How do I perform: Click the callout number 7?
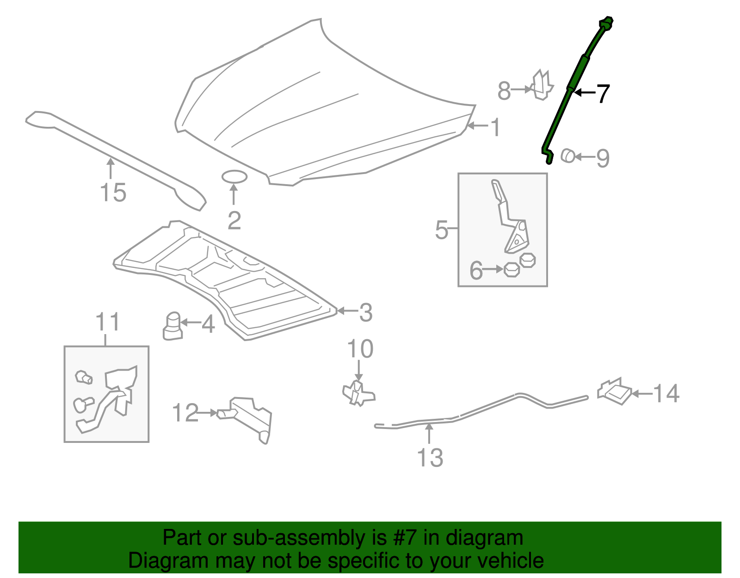tap(603, 93)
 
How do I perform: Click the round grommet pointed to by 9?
tap(567, 156)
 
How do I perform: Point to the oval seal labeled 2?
tap(234, 177)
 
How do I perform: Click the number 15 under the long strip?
tap(113, 193)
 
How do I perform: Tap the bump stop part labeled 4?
tap(173, 325)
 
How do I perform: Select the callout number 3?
tap(365, 313)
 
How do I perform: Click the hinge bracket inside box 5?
tap(511, 218)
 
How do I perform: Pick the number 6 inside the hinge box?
tap(476, 271)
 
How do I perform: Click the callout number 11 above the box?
tap(107, 322)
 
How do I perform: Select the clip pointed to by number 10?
tap(358, 393)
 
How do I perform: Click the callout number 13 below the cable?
tap(430, 458)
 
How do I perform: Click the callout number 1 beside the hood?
tap(495, 128)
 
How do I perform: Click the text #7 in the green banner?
tap(405, 538)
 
